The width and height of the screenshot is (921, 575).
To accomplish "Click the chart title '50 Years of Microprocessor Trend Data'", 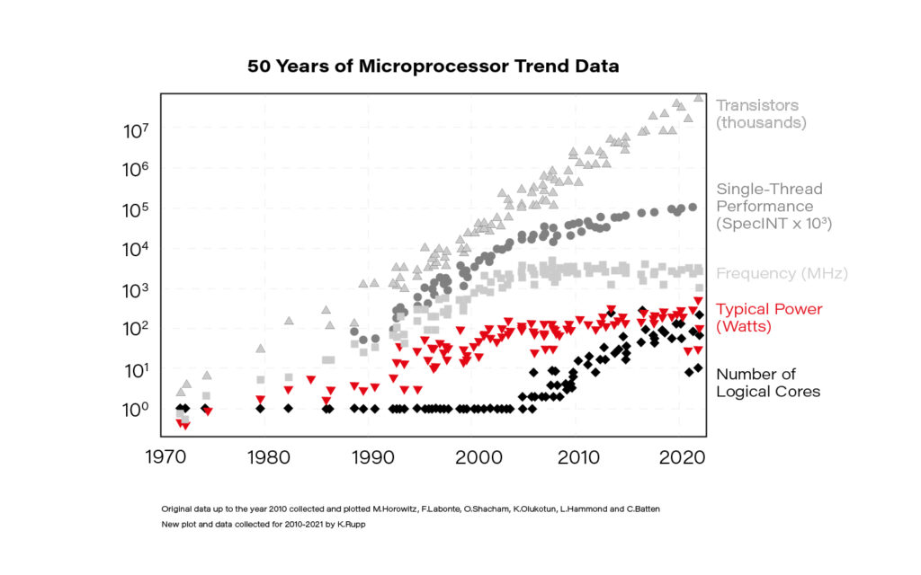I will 433,67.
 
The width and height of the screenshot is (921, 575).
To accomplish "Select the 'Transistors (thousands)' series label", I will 761,113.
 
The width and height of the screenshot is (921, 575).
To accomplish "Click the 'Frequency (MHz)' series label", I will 782,273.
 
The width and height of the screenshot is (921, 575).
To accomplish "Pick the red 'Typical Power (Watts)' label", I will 768,317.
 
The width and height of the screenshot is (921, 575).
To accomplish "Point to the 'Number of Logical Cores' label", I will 768,383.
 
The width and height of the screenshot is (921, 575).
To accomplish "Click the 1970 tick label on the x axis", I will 167,456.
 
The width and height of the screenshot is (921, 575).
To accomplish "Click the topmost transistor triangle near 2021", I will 698,98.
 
